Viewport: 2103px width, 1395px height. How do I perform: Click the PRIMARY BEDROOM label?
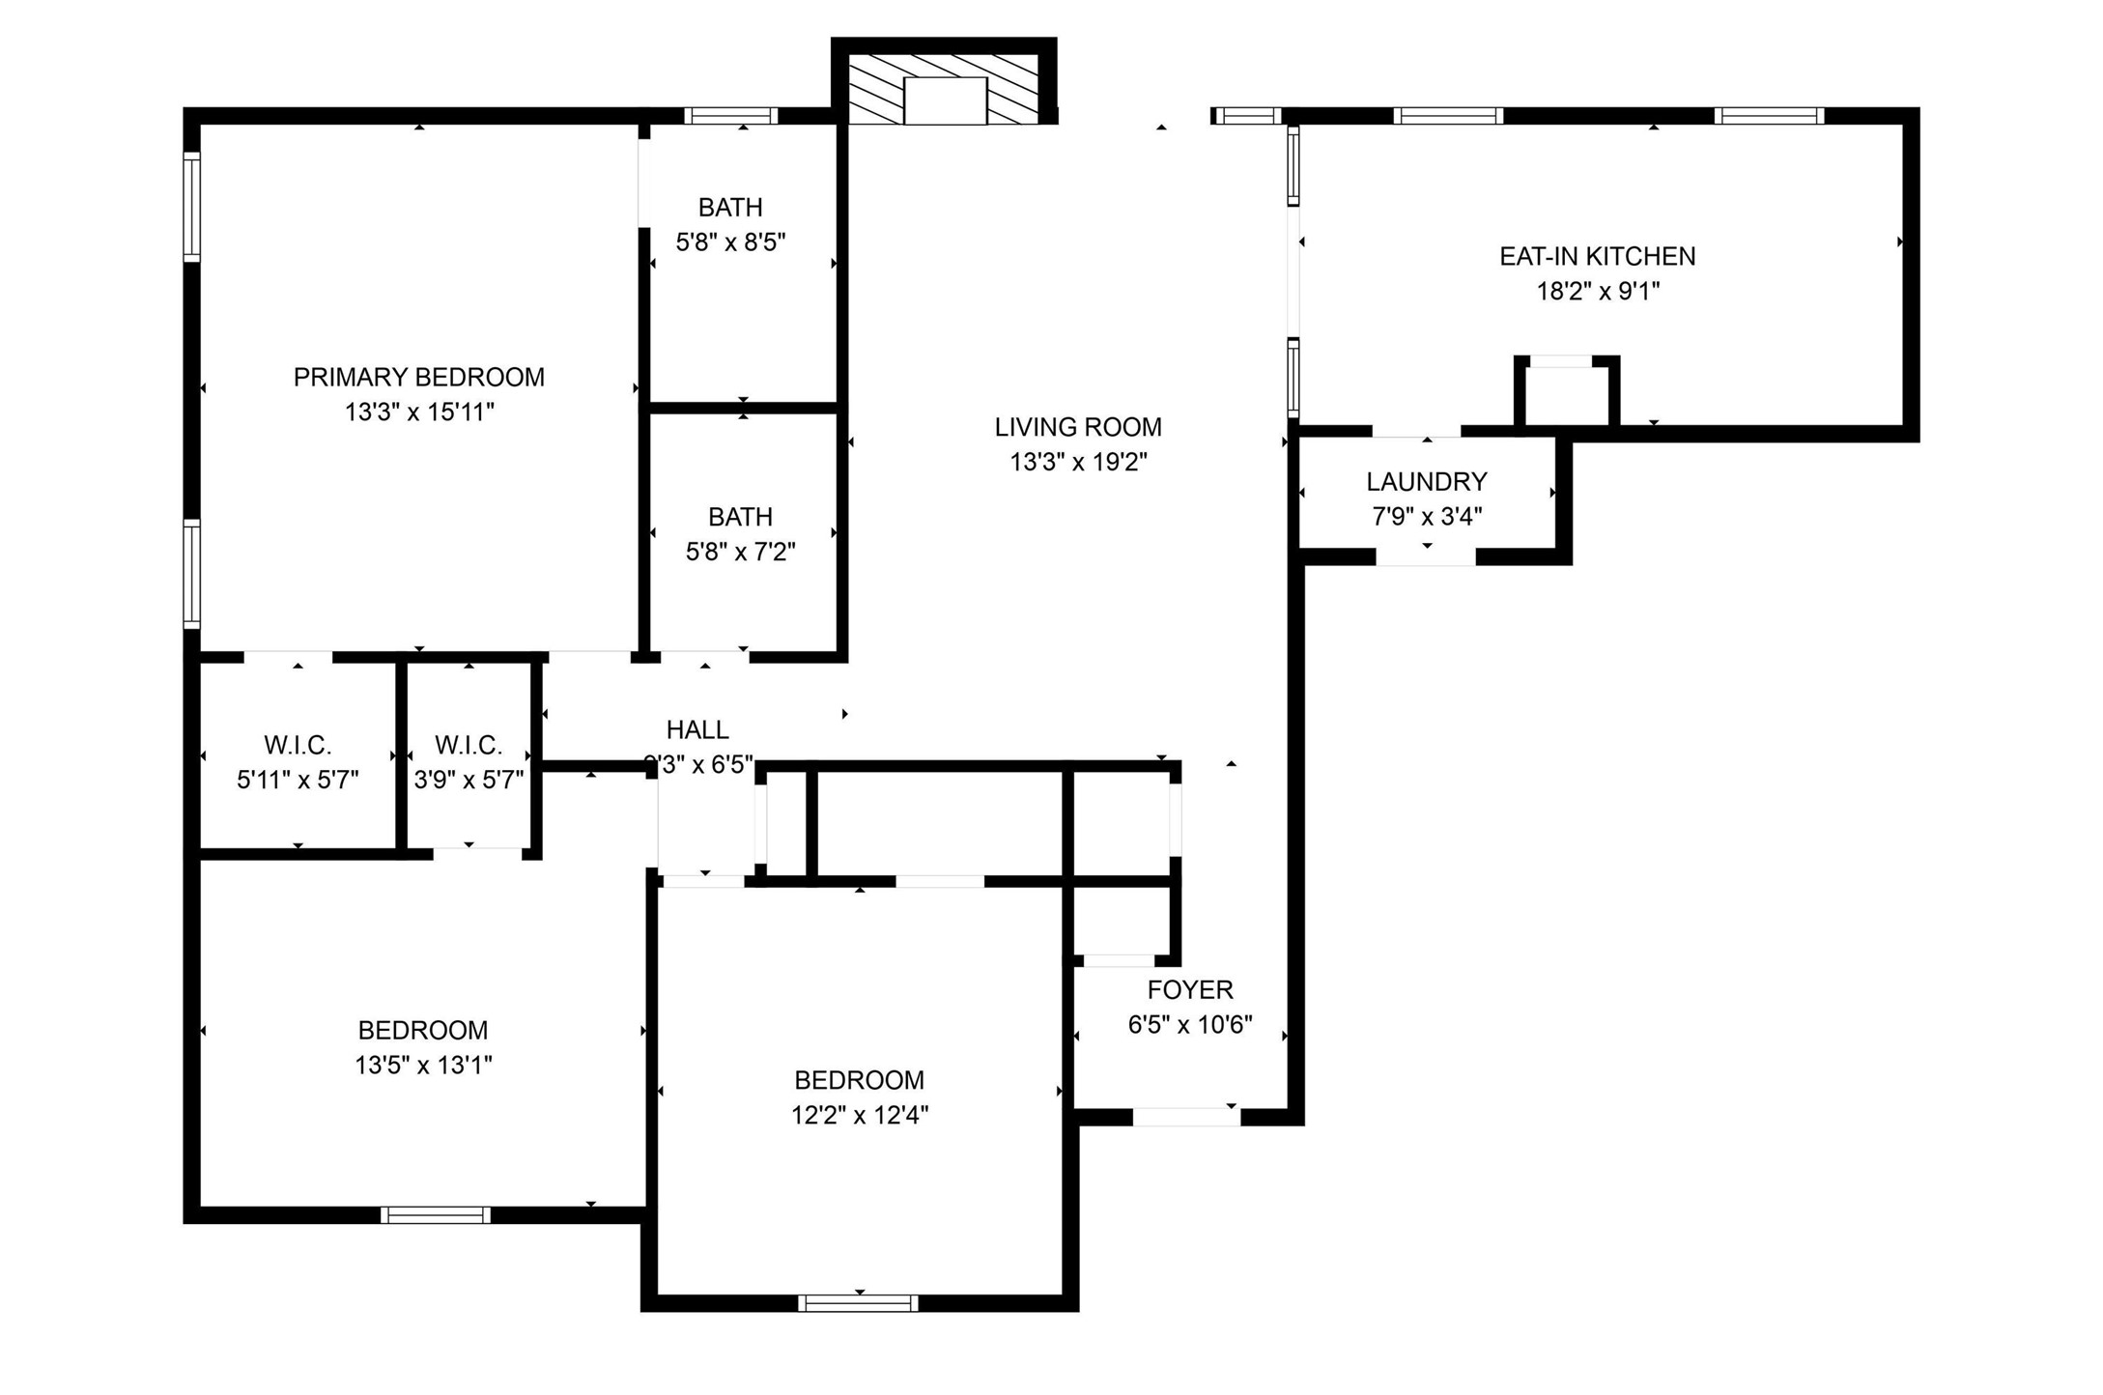pyautogui.click(x=418, y=377)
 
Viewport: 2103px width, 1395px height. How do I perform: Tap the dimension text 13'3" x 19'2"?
pyautogui.click(x=1078, y=462)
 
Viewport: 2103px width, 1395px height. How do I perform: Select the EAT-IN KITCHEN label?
pyautogui.click(x=1597, y=256)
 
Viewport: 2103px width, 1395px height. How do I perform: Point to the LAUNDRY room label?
pyautogui.click(x=1426, y=481)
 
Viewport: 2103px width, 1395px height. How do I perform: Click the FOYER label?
pyautogui.click(x=1189, y=989)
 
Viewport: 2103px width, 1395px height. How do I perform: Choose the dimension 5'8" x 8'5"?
pyautogui.click(x=730, y=242)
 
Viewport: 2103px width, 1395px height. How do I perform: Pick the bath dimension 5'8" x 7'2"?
pyautogui.click(x=740, y=552)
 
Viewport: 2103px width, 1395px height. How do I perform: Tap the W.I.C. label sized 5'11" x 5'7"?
pyautogui.click(x=298, y=745)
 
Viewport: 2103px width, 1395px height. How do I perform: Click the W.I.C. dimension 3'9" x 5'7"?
pyautogui.click(x=469, y=780)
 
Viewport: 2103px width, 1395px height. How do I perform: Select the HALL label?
pyautogui.click(x=696, y=729)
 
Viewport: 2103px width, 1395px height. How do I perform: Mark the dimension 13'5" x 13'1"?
pyautogui.click(x=423, y=1065)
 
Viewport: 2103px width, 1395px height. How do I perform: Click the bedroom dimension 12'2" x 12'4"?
pyautogui.click(x=859, y=1115)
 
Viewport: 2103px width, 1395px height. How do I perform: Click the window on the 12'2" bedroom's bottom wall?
pyautogui.click(x=858, y=1303)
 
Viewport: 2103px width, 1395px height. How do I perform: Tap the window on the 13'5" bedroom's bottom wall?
pyautogui.click(x=435, y=1214)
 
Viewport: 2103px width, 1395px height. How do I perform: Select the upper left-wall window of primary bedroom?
pyautogui.click(x=192, y=206)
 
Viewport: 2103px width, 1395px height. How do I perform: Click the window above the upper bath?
pyautogui.click(x=730, y=116)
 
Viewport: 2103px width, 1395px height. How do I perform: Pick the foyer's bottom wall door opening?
pyautogui.click(x=1185, y=1117)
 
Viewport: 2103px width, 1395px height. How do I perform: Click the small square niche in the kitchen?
pyautogui.click(x=1565, y=393)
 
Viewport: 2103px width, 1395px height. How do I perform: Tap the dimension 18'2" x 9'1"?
pyautogui.click(x=1597, y=291)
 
